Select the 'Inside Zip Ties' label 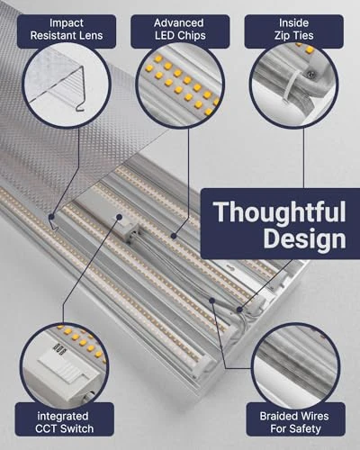click(292, 29)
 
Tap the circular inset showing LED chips click(180, 85)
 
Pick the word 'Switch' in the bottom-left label click(84, 430)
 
